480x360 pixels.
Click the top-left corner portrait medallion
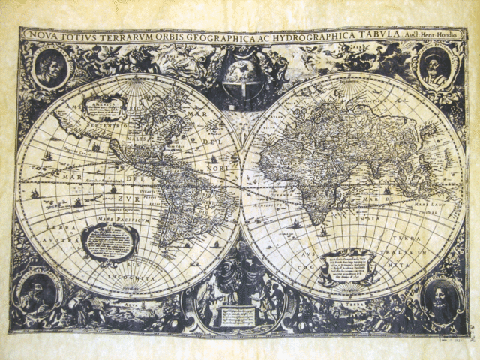(50, 67)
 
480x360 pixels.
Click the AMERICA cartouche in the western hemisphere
(104, 108)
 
